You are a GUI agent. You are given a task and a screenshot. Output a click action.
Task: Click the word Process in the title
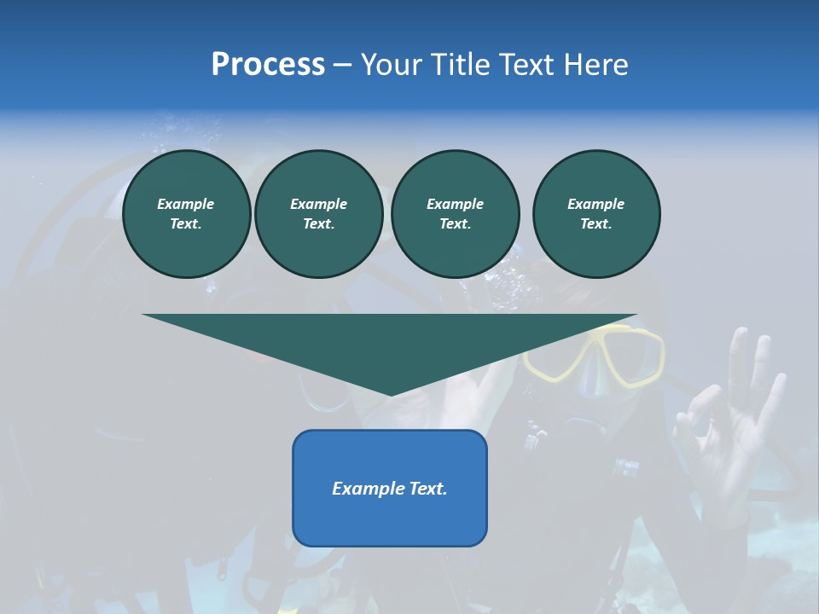pyautogui.click(x=268, y=65)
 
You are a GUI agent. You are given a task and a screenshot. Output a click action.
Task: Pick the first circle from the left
pyautogui.click(x=186, y=214)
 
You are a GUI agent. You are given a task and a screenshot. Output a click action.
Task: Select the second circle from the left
pyautogui.click(x=318, y=214)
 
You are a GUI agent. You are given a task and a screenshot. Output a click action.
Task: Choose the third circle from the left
pyautogui.click(x=455, y=214)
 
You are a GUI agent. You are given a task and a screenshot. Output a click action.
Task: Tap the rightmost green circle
pyautogui.click(x=595, y=214)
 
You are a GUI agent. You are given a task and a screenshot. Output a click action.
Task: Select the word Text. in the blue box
pyautogui.click(x=429, y=489)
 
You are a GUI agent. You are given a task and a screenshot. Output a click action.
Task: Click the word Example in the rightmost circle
pyautogui.click(x=595, y=204)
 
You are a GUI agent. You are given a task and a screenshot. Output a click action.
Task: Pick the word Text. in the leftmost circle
pyautogui.click(x=186, y=224)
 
